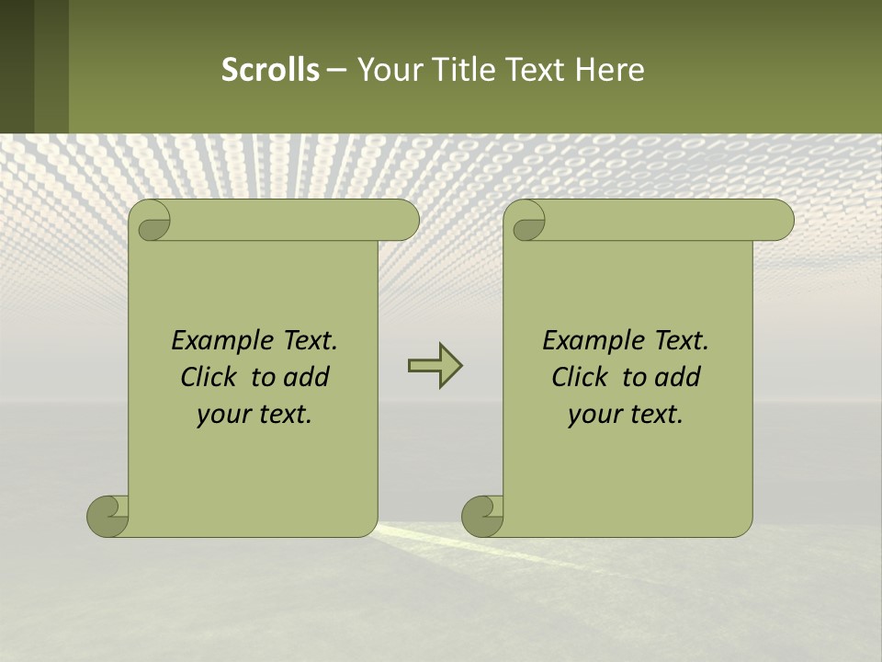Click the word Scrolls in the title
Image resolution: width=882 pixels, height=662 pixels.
(270, 70)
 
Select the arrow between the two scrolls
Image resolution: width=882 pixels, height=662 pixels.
(435, 366)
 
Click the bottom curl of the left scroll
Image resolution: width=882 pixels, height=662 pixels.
(107, 516)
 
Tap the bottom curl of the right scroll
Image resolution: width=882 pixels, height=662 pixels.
(482, 516)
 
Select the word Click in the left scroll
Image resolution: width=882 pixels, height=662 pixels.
(209, 377)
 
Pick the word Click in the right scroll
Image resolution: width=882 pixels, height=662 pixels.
(580, 377)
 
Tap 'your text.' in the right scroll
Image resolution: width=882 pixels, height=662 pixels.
(626, 414)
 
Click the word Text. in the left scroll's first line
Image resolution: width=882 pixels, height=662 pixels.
(309, 340)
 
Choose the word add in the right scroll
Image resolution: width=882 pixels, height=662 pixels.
(678, 377)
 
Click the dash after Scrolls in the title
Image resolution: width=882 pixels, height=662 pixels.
(336, 70)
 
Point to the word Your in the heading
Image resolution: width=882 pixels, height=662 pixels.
(384, 70)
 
